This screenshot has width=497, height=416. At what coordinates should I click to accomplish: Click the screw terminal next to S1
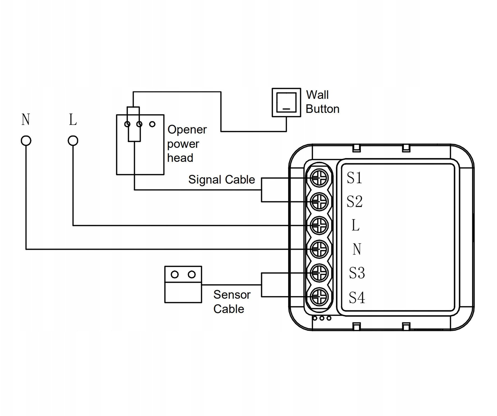point(319,178)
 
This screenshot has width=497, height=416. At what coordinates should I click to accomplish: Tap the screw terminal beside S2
point(319,201)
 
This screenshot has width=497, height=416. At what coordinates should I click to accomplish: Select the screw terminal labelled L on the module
point(319,225)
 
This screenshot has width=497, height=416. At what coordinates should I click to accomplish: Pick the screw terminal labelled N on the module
point(319,249)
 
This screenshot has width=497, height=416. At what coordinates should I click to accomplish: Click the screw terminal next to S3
point(319,273)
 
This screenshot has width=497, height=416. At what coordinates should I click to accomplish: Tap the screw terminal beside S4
point(319,296)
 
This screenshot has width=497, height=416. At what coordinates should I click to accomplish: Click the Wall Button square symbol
point(286,103)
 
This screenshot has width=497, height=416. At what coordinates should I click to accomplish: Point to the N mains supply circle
point(26,141)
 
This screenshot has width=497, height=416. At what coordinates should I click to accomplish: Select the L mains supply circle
point(73,141)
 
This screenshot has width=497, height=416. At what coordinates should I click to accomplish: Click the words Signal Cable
point(221,180)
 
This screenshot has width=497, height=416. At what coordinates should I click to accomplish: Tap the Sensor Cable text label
point(232,302)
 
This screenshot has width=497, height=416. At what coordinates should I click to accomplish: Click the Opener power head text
point(187,144)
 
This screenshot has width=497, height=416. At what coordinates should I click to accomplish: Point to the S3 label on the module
point(357,273)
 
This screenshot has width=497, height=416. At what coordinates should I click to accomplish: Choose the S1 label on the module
point(354,178)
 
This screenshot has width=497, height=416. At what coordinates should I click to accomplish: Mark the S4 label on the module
point(357,297)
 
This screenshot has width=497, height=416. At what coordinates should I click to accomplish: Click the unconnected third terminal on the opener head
point(152,124)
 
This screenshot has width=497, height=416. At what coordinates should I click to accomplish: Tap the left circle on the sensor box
point(175,274)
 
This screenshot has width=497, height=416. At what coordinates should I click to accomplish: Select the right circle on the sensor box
point(192,274)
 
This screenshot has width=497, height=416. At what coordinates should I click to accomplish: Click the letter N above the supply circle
point(26,120)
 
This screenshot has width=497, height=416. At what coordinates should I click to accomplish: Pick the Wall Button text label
point(322,102)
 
